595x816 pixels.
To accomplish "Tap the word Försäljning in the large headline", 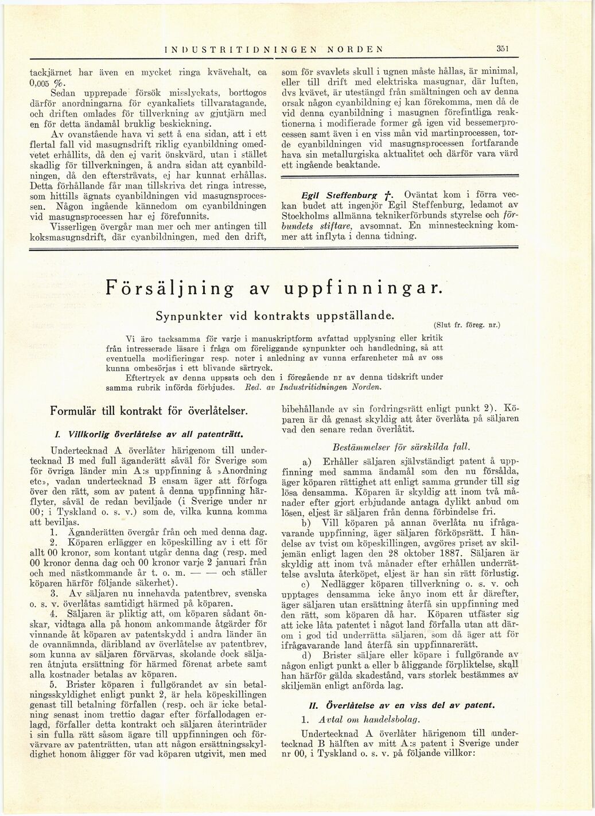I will click(x=170, y=288).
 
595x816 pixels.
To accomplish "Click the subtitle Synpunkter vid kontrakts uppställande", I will click(x=275, y=316).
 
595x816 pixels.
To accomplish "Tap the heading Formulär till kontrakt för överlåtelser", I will click(x=150, y=411).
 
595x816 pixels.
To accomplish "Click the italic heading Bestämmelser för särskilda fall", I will click(x=390, y=446).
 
